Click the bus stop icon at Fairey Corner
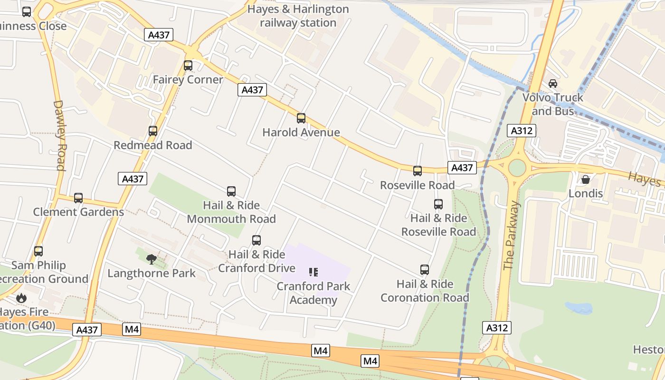(188, 66)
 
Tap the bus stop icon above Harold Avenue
(301, 118)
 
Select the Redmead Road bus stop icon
(153, 131)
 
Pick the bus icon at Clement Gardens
(78, 198)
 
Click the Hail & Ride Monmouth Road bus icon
(231, 191)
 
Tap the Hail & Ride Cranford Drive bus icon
(256, 240)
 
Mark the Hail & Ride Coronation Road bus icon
(425, 270)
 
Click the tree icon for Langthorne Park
(152, 259)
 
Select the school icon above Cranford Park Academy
(313, 272)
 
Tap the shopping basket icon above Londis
(586, 180)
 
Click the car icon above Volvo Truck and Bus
(553, 84)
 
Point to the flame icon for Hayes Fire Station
(21, 298)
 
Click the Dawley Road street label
(59, 135)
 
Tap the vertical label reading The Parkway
(512, 236)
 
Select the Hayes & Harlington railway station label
(298, 16)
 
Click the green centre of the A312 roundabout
(517, 168)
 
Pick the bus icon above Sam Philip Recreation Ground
(38, 251)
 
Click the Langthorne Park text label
(152, 273)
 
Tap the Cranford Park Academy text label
(313, 293)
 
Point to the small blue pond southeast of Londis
(579, 308)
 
